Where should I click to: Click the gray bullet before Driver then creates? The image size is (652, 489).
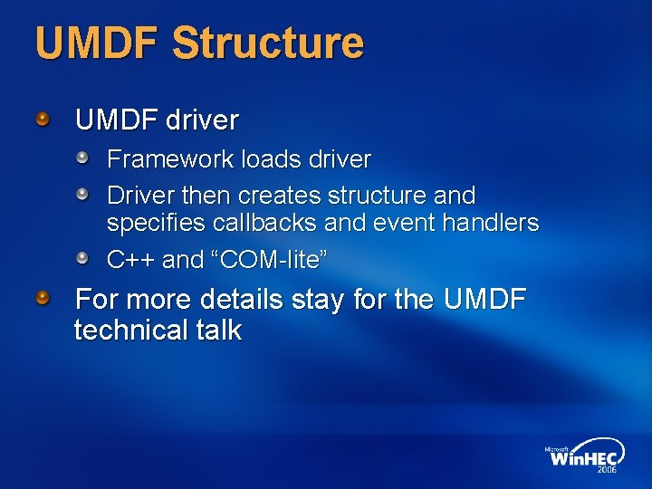pos(83,194)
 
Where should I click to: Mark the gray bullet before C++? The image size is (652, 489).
pos(83,259)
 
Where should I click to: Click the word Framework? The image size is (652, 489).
pos(171,159)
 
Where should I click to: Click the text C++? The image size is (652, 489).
pos(131,260)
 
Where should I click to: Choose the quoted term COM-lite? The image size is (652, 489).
pos(269,260)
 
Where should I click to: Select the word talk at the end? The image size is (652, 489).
pos(216,331)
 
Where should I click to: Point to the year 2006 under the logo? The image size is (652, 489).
pos(607,470)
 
